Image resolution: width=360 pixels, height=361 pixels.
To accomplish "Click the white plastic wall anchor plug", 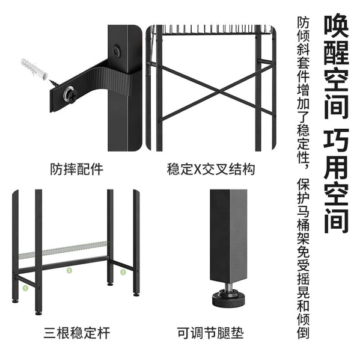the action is point(34,69).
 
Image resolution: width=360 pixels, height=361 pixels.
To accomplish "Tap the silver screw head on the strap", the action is point(70,94).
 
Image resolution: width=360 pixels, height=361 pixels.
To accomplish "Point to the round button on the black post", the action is point(117,51).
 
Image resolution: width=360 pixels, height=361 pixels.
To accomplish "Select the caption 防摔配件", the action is point(76,169).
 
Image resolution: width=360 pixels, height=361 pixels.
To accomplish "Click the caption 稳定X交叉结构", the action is point(211,169).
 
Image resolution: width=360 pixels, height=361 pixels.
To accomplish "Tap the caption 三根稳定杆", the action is point(77,333).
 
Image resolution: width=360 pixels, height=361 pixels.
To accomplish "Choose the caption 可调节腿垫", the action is point(210,333).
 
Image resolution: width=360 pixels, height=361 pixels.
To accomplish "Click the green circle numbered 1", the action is point(25,288).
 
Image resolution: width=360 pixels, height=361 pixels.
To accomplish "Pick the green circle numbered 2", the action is point(69,271).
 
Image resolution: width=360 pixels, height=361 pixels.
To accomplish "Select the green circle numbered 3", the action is point(123,273).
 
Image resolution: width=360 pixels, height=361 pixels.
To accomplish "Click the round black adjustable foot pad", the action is point(228,298).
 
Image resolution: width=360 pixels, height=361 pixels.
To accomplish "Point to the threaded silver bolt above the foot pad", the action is point(228,286).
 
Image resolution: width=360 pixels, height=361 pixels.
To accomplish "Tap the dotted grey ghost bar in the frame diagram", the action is point(63,250).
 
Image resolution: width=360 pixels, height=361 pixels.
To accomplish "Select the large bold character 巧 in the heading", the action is point(336,140).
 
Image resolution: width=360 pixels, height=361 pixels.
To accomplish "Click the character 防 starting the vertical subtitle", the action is point(303,22).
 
